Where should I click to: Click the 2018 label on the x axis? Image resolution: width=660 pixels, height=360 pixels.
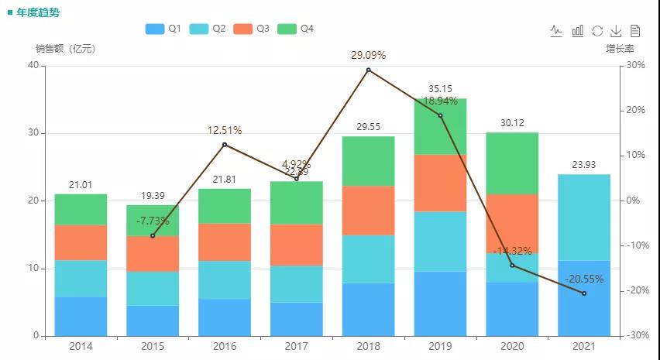pyautogui.click(x=368, y=347)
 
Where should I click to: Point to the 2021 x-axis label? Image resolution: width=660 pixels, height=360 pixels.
pyautogui.click(x=584, y=347)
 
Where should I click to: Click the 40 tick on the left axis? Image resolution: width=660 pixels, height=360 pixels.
pyautogui.click(x=33, y=66)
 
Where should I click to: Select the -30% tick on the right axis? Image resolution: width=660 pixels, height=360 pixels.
pyautogui.click(x=638, y=336)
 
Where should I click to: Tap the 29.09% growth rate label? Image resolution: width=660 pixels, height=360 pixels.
pyautogui.click(x=368, y=56)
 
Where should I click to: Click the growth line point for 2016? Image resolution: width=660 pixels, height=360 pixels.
pyautogui.click(x=225, y=145)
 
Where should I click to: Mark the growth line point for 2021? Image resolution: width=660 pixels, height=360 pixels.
pyautogui.click(x=584, y=293)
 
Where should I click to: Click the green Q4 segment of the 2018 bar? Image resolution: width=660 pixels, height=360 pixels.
pyautogui.click(x=368, y=161)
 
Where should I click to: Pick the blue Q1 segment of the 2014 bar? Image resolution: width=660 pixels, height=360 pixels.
pyautogui.click(x=81, y=317)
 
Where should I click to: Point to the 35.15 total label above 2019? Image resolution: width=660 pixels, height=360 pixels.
pyautogui.click(x=440, y=89)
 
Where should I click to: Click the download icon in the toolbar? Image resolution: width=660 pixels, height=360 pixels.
pyautogui.click(x=617, y=31)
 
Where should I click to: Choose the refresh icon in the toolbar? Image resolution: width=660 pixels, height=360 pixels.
pyautogui.click(x=597, y=31)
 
